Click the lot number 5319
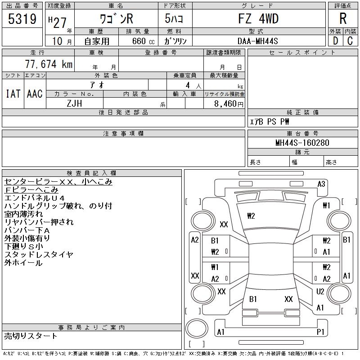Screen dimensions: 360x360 pyautogui.click(x=22, y=19)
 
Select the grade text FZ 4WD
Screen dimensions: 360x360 pyautogui.click(x=258, y=19)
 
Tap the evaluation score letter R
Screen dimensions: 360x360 pyautogui.click(x=342, y=19)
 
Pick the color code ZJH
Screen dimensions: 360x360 pyautogui.click(x=74, y=103)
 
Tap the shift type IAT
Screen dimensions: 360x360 pyautogui.click(x=13, y=94)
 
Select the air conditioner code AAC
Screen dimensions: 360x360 pyautogui.click(x=35, y=94)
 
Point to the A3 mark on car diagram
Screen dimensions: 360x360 pyautogui.click(x=321, y=184)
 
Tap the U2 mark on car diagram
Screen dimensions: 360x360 pyautogui.click(x=320, y=292)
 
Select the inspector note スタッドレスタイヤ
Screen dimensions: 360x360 pyautogui.click(x=39, y=255)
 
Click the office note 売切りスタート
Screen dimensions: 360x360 pyautogui.click(x=31, y=336)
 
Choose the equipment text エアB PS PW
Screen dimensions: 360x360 pyautogui.click(x=270, y=122)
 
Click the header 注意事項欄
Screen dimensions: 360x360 pyautogui.click(x=123, y=134)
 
